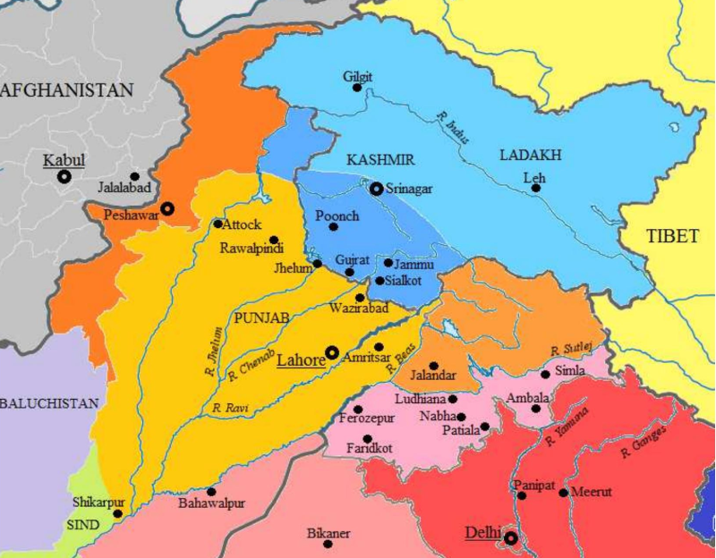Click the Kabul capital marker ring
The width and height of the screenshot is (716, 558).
(64, 177)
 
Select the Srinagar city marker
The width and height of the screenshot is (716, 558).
(377, 189)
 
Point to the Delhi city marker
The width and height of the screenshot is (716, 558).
(511, 538)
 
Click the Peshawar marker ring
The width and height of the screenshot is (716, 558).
(167, 209)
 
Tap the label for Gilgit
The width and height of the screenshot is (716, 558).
(357, 76)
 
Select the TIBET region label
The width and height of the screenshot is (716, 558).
(676, 236)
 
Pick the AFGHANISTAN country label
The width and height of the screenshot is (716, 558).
(67, 89)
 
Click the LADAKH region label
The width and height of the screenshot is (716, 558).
(530, 155)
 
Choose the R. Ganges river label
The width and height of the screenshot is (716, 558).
(639, 440)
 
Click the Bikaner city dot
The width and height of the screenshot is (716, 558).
(328, 544)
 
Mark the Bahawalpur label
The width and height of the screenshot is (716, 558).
(211, 504)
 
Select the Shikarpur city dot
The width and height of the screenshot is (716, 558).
(117, 513)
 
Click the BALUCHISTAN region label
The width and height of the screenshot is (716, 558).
(49, 403)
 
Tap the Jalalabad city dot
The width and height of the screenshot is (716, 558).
(134, 177)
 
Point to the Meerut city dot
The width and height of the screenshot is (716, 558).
(563, 493)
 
